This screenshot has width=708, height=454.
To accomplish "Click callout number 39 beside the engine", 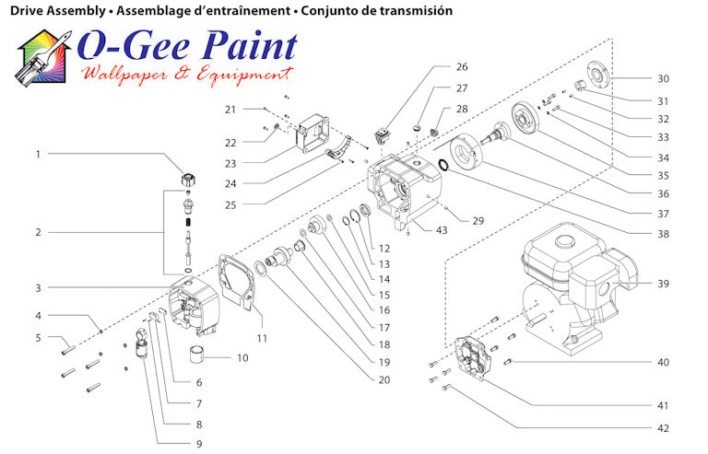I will coord(664,283).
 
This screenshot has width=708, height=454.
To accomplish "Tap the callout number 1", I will coord(38,154).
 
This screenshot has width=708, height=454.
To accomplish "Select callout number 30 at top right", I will coord(664,78).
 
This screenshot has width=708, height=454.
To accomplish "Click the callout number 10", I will coord(242,357).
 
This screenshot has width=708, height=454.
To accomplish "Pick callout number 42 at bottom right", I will coord(664,428).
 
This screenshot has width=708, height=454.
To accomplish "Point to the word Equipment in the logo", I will coord(245,75).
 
